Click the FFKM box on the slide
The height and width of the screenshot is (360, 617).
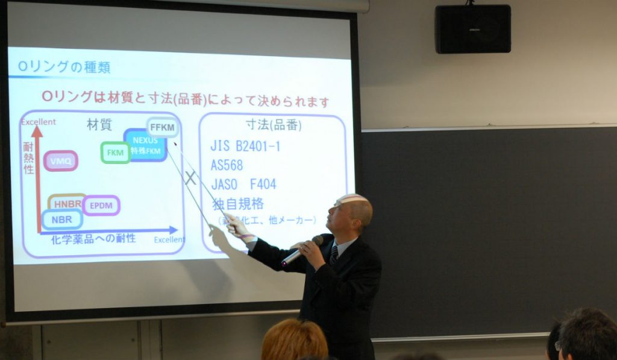point(161,127)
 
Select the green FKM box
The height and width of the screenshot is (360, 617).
point(115,153)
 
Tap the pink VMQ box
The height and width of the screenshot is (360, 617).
point(60,161)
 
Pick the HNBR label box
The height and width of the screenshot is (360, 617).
point(66,203)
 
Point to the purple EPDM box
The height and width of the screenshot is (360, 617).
point(101,206)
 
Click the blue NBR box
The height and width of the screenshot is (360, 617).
point(62,219)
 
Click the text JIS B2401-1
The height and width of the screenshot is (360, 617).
point(245,147)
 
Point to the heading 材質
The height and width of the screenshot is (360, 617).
point(99,124)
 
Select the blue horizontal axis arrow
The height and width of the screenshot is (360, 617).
point(108,230)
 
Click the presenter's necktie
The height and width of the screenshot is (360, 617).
point(333,255)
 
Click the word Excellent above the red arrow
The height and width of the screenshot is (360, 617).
point(39,122)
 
